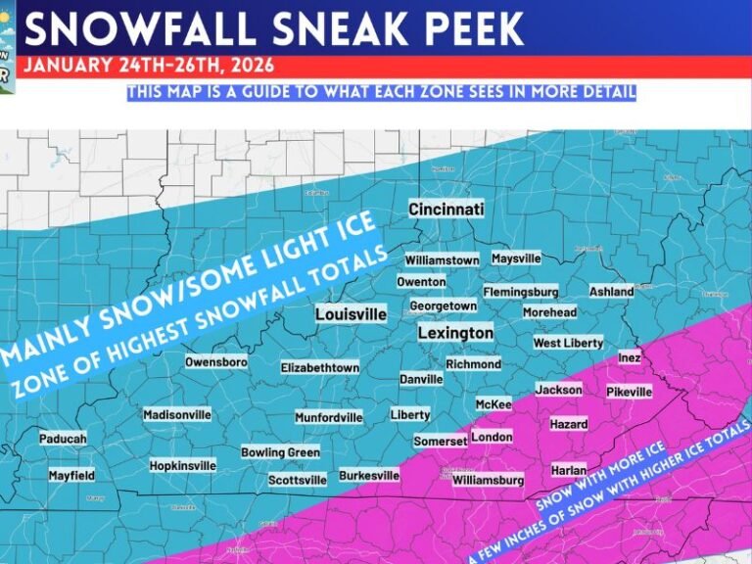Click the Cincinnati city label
tap(446, 210)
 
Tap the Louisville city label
tap(351, 314)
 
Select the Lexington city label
tap(455, 333)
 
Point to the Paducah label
tap(63, 439)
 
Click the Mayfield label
tap(71, 475)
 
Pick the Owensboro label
tap(215, 362)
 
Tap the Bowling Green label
tap(280, 452)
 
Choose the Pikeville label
tap(629, 392)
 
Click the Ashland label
tap(611, 291)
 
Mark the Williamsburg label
tap(488, 480)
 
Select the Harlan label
tap(569, 470)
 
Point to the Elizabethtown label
tap(320, 367)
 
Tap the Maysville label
tap(515, 258)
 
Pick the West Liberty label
tap(568, 343)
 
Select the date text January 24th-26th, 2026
tap(148, 67)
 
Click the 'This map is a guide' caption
tap(381, 92)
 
